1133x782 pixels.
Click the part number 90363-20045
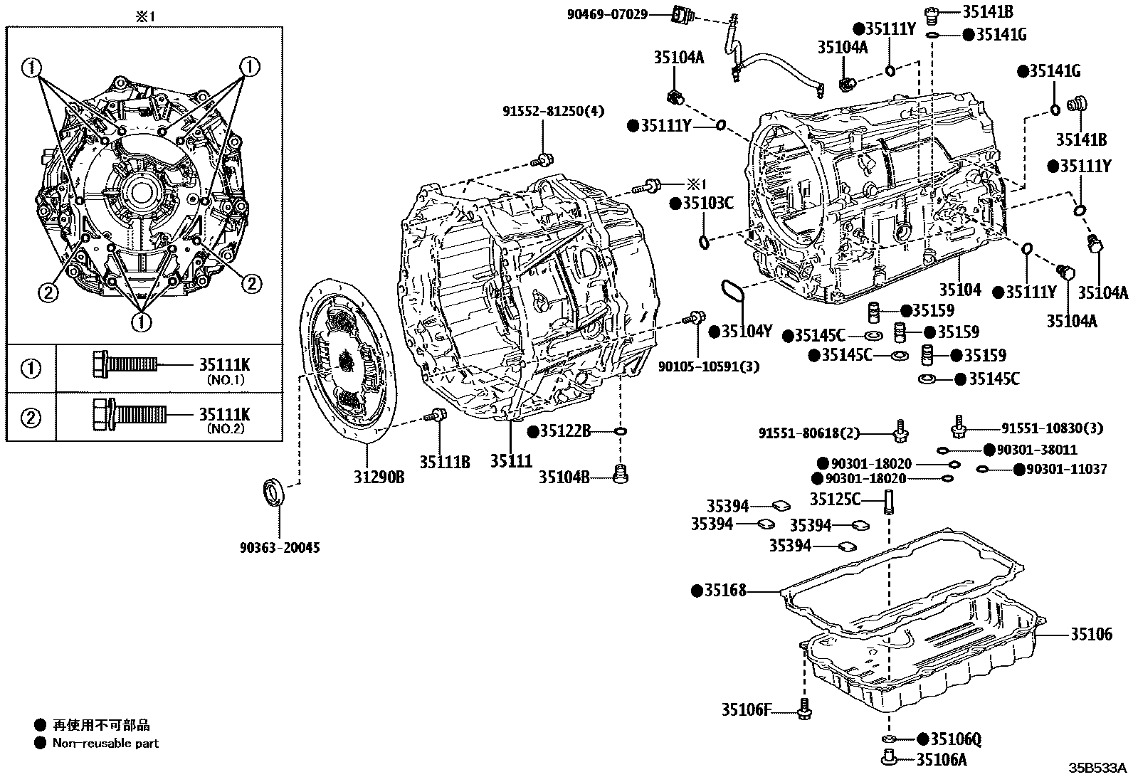click(x=279, y=548)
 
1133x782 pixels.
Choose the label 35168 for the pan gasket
click(x=725, y=591)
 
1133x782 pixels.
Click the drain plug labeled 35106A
click(x=888, y=758)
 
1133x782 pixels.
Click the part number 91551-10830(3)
click(x=1053, y=428)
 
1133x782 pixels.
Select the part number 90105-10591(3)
click(x=698, y=366)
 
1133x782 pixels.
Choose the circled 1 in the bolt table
click(x=31, y=369)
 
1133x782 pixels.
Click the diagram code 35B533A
click(x=1097, y=768)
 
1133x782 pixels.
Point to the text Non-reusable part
click(x=105, y=744)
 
